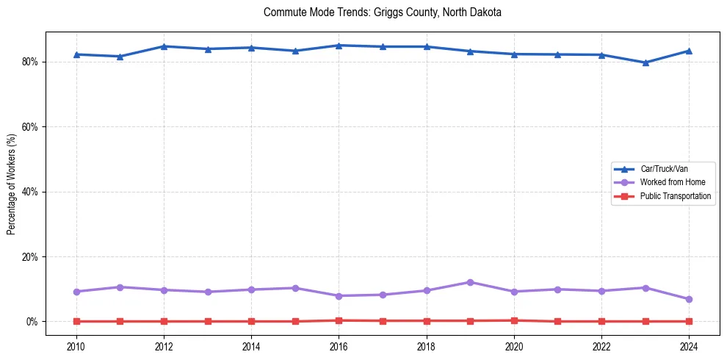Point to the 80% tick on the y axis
(32, 62)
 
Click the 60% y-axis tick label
(32, 127)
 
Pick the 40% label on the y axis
(32, 192)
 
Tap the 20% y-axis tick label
(32, 257)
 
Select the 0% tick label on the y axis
(34, 322)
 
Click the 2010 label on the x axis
(76, 346)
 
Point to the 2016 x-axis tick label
(339, 346)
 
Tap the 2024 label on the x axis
(689, 346)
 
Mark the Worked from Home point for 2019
(470, 282)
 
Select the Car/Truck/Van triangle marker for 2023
(645, 62)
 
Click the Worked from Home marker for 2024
(689, 299)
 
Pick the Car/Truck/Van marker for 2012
(164, 46)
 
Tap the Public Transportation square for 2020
(514, 320)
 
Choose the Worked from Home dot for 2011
(120, 287)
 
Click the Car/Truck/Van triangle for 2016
(339, 46)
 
